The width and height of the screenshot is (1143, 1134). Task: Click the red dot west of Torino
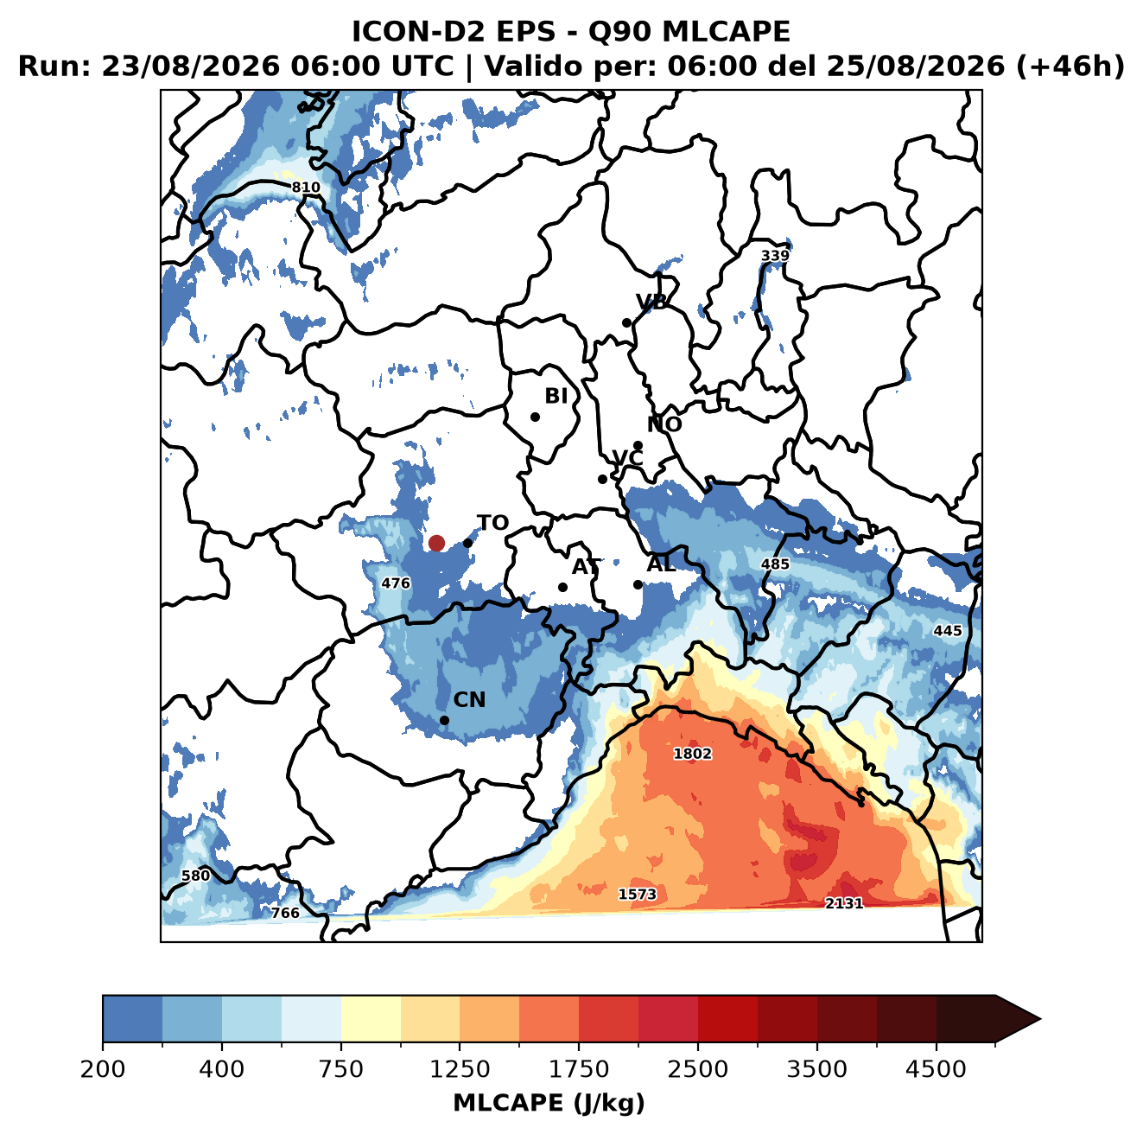pos(436,543)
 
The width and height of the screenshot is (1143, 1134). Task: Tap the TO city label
pos(493,523)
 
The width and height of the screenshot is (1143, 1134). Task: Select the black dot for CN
pos(444,720)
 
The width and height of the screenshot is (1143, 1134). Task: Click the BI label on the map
pos(556,396)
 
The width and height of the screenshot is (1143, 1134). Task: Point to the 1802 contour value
pos(692,754)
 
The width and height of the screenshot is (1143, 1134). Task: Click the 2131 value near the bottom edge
pos(844,903)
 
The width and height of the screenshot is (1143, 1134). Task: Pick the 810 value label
pos(306,188)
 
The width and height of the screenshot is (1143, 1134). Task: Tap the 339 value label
pos(775,256)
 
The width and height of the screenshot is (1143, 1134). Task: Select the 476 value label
pos(396,583)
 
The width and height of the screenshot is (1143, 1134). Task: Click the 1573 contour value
pos(638,894)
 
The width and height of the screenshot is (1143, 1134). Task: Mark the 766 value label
pos(285,913)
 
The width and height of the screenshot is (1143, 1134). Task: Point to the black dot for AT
pos(562,588)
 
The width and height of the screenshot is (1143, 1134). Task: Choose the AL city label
pos(661,564)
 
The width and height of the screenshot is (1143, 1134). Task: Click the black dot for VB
pos(626,322)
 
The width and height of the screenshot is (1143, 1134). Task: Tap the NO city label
pos(664,424)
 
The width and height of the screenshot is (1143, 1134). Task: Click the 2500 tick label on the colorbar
pos(697,1069)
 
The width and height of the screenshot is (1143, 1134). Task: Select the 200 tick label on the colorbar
pos(103,1069)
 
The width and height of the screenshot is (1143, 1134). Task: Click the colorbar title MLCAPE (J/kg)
pos(549,1103)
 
